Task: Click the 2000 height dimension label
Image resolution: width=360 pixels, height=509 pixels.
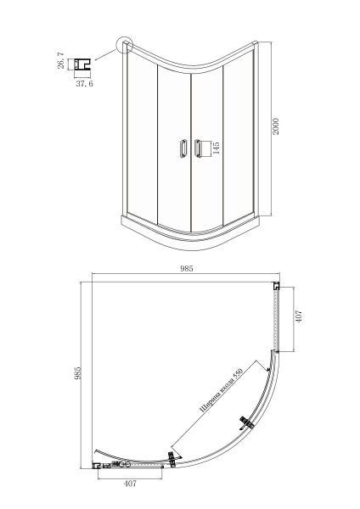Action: pyautogui.click(x=276, y=126)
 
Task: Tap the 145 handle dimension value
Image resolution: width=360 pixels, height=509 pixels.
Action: pyautogui.click(x=216, y=148)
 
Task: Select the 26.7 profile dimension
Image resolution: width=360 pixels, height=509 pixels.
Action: pyautogui.click(x=60, y=61)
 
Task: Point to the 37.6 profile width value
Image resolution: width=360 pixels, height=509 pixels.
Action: pyautogui.click(x=84, y=83)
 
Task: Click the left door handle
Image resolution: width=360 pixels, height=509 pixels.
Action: pyautogui.click(x=183, y=148)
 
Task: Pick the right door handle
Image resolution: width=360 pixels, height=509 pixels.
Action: pyautogui.click(x=197, y=148)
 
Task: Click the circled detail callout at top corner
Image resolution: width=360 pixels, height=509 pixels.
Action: pyautogui.click(x=125, y=44)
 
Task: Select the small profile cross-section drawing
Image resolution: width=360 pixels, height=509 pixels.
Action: pyautogui.click(x=82, y=64)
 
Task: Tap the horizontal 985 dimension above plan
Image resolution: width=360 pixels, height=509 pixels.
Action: pyautogui.click(x=187, y=268)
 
